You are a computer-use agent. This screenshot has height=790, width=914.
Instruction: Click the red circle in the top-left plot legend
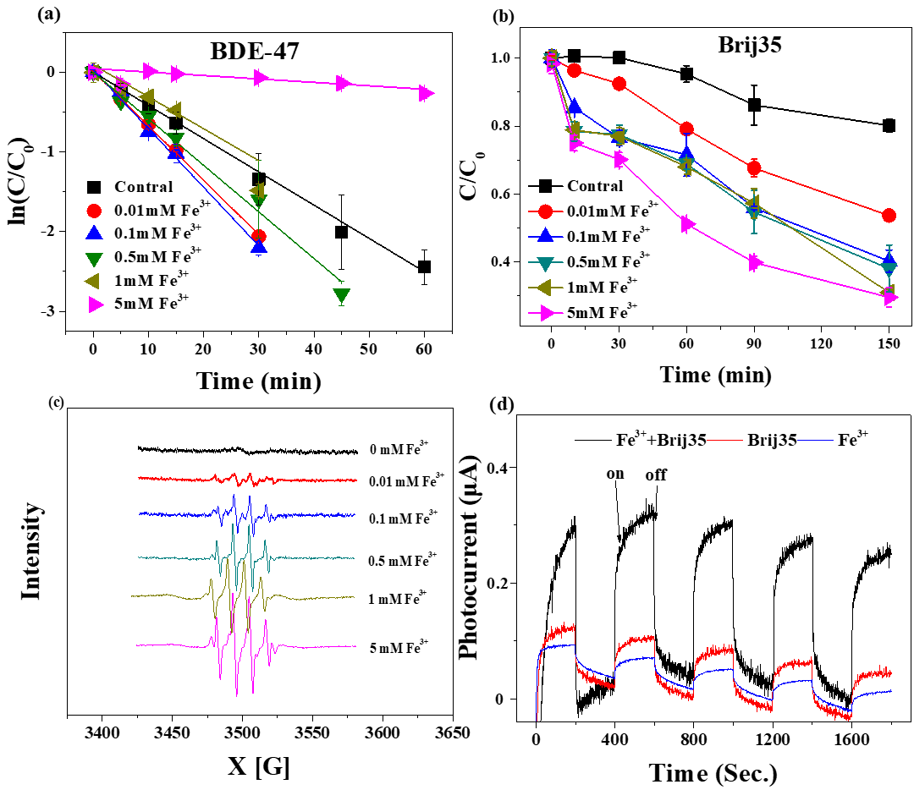94,211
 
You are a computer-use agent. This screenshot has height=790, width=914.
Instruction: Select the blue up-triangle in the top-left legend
94,233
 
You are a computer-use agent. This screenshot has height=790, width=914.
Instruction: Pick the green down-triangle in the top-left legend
94,260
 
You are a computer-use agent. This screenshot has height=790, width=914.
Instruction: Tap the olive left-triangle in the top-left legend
92,281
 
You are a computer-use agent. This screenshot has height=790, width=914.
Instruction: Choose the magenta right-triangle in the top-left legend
96,304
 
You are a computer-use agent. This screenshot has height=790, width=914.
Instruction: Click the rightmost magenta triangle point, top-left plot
427,93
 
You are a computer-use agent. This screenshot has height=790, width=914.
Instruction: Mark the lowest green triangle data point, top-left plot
342,295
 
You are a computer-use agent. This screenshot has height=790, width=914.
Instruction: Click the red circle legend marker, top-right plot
546,211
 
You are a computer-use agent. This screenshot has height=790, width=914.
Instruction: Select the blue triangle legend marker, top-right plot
546,235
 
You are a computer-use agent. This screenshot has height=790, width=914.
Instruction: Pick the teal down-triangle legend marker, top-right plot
546,263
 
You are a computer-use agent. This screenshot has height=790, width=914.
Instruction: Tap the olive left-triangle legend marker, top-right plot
545,288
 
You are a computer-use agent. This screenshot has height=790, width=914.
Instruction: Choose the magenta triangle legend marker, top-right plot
547,314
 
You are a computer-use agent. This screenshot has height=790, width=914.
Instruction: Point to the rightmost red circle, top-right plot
889,216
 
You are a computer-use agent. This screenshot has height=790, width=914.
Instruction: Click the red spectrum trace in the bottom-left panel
169,479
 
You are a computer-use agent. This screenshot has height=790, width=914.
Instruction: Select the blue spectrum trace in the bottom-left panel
169,513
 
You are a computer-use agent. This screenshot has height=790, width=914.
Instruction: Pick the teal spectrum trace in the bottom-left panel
169,557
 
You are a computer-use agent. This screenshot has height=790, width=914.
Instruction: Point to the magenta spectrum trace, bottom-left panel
169,645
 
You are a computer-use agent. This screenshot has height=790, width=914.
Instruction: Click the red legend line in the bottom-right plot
724,441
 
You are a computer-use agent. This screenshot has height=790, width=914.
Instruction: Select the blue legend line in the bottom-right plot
815,441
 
